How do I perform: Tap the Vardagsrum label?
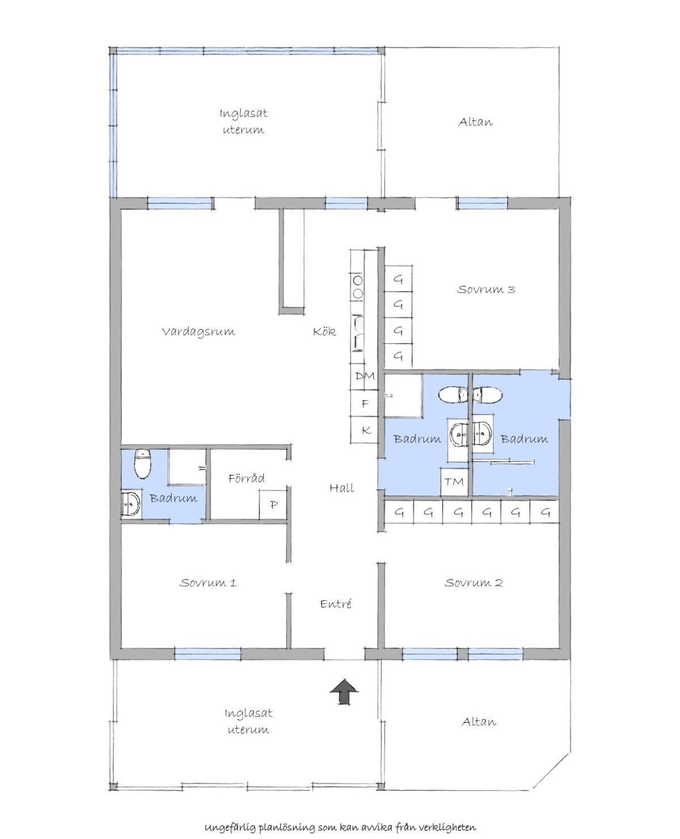coord(198,331)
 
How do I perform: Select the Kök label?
coord(325,331)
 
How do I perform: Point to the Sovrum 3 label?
coord(486,289)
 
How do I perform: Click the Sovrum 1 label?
coord(208,582)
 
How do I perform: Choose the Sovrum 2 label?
coord(474,582)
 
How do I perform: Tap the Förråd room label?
coord(246,478)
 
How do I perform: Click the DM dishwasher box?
coord(364,376)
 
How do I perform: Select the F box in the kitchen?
coord(364,403)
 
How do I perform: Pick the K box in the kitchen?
coord(364,430)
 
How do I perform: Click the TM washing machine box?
coord(454,482)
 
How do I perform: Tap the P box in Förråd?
coord(273,505)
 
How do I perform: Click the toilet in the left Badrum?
coord(143,464)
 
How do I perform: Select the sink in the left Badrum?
coord(131,504)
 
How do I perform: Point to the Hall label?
coord(342,488)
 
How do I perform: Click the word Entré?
coord(335,604)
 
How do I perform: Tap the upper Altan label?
coord(475,122)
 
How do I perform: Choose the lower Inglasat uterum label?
coord(249,721)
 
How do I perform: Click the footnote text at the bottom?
coord(340,816)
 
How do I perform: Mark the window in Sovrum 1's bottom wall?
coord(207,654)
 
